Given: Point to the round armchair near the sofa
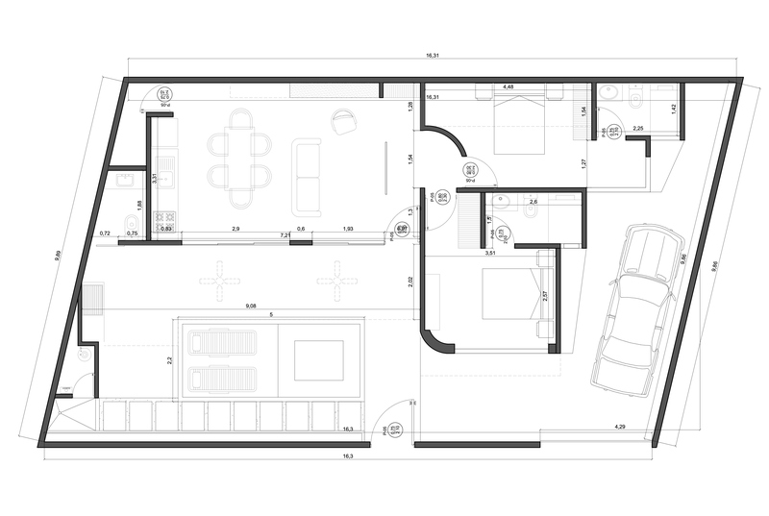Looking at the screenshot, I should pyautogui.click(x=343, y=121).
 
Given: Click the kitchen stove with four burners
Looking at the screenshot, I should pyautogui.click(x=165, y=218).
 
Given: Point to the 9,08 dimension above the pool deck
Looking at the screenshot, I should pyautogui.click(x=252, y=306).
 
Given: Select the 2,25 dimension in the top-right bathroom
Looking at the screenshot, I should pyautogui.click(x=637, y=127).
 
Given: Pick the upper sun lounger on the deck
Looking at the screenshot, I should pyautogui.click(x=222, y=342).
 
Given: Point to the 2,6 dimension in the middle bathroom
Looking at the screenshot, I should pyautogui.click(x=534, y=201).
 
